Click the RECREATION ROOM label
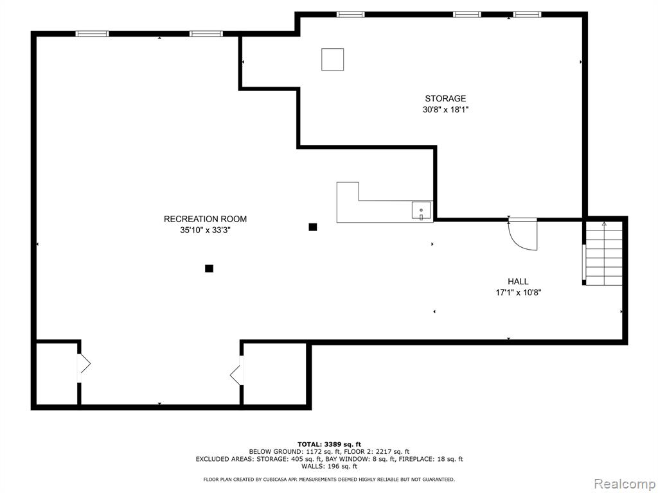[205, 219]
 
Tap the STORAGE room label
[445, 98]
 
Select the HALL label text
[519, 281]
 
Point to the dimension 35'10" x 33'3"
[205, 230]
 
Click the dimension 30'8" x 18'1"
[445, 110]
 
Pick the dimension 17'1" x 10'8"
[519, 293]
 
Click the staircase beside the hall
[604, 253]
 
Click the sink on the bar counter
[421, 211]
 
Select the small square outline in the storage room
[333, 60]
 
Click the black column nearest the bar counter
[313, 227]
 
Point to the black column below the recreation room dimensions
[209, 269]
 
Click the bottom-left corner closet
[57, 374]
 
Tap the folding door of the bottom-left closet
[84, 363]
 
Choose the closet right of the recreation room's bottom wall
[275, 374]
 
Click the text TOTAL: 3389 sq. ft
[329, 444]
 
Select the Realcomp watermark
[624, 484]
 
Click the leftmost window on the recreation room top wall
[93, 34]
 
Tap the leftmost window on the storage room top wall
[350, 15]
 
